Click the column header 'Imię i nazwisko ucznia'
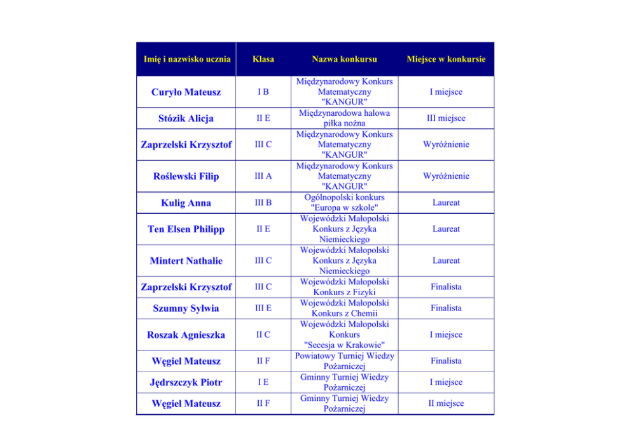186,59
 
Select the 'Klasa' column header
263,59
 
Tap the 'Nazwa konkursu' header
344,59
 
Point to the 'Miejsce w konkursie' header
446,59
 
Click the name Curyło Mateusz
186,92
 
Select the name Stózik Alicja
186,118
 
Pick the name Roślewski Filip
186,176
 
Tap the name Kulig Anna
186,203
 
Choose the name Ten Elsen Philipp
186,229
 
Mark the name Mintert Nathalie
186,261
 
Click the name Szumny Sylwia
186,309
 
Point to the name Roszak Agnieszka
186,335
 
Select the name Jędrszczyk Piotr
186,382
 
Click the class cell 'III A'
263,176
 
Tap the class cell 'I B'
263,92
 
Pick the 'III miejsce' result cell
446,118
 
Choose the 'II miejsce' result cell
446,403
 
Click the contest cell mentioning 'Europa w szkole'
344,203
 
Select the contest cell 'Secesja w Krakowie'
344,335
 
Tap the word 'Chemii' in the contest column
364,314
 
